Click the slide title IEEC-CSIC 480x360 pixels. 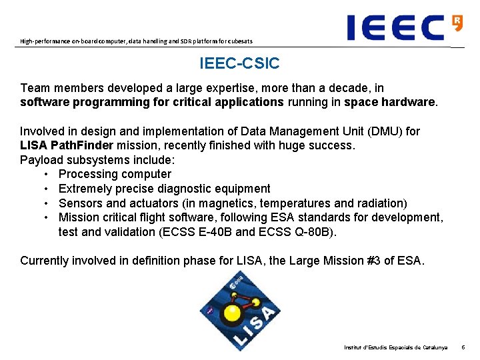239,64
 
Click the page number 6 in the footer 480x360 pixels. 464,348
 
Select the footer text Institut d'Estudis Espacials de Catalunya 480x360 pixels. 395,348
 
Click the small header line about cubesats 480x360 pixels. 136,41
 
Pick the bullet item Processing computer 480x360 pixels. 115,174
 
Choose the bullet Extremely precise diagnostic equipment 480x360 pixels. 164,189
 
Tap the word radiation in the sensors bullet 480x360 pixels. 377,203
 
